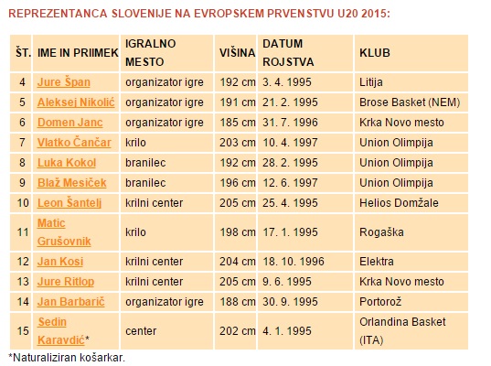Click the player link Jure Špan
(x=64, y=82)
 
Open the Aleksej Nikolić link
(x=76, y=102)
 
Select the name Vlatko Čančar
(x=74, y=143)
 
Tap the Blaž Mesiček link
(x=71, y=183)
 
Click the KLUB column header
(x=375, y=53)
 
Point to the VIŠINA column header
(x=237, y=53)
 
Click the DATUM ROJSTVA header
(x=288, y=53)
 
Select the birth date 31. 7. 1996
(x=290, y=123)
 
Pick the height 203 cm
(x=238, y=143)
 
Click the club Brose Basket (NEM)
(x=410, y=102)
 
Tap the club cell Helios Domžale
(x=399, y=203)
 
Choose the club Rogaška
(x=381, y=232)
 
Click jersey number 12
(x=23, y=262)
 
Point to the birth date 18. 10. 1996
(x=294, y=262)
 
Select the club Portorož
(x=380, y=302)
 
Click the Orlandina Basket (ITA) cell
(x=402, y=331)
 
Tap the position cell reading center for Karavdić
(x=141, y=331)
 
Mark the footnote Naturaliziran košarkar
(x=67, y=358)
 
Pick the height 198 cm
(x=238, y=232)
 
